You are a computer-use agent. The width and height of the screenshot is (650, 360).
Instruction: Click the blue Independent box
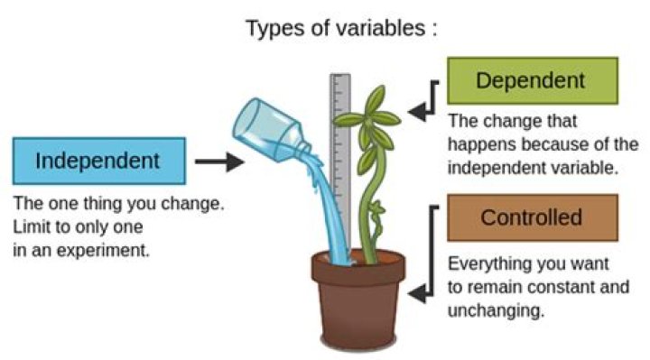[98, 161]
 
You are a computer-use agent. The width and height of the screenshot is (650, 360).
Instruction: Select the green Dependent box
[533, 81]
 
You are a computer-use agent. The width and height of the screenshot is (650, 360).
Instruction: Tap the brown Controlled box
[532, 217]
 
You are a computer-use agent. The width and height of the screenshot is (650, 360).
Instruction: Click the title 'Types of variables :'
[341, 28]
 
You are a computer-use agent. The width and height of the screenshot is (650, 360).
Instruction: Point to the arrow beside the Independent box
[219, 162]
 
